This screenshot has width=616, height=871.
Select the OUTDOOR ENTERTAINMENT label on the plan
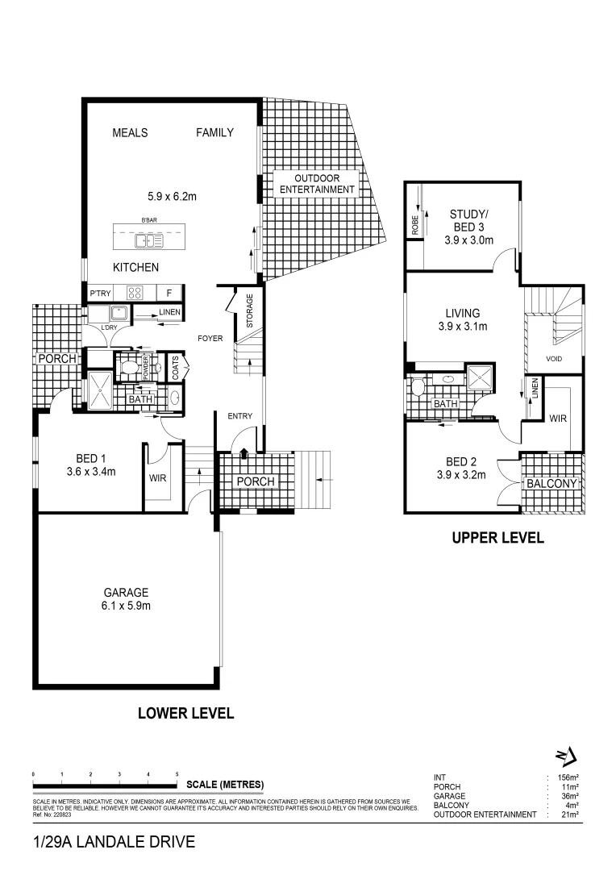pos(316,184)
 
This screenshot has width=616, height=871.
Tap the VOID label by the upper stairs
pos(554,359)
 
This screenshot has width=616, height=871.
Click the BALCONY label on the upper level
pos(551,484)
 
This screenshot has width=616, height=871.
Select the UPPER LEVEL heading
pos(497,538)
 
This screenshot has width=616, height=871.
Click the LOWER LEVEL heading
pos(185,713)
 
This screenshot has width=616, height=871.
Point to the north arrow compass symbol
pos(567,756)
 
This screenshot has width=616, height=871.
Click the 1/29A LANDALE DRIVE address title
pos(114,843)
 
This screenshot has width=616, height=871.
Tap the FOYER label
pos(210,340)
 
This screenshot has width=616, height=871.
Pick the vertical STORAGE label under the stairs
pos(249,310)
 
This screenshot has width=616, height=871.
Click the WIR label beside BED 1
pos(157,477)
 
